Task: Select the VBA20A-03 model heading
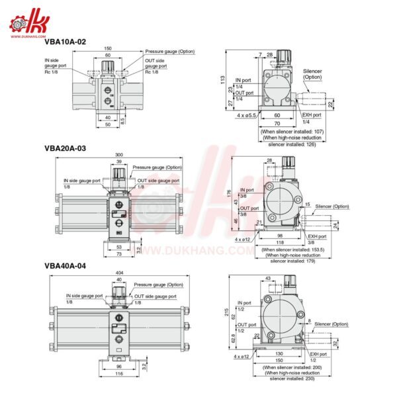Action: click(x=65, y=149)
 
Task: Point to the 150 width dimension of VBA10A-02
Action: click(x=108, y=48)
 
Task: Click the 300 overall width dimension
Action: click(x=118, y=154)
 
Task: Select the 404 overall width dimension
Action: click(x=119, y=272)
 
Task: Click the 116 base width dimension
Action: click(x=119, y=375)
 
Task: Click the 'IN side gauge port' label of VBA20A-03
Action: click(x=82, y=180)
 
